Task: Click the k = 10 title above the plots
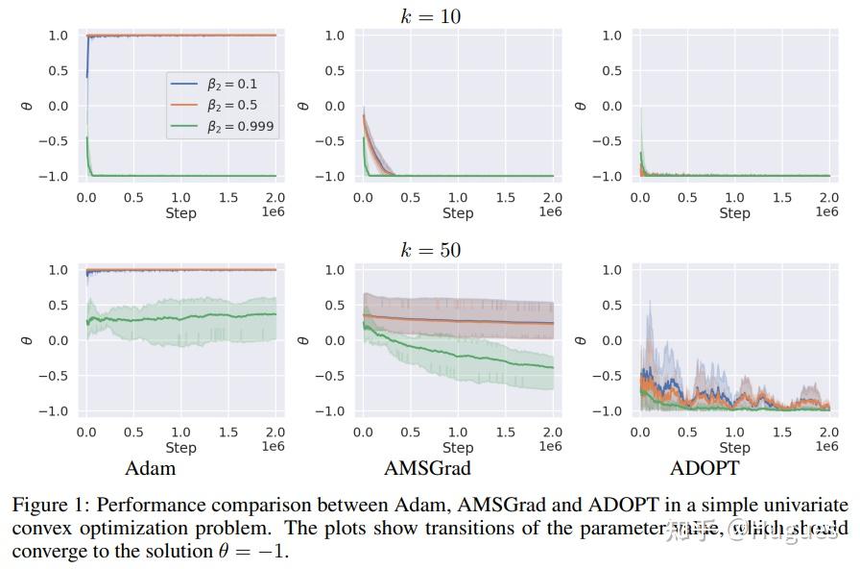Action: [x=430, y=15]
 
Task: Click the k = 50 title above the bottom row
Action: [x=430, y=250]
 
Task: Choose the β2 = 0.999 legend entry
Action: [x=241, y=126]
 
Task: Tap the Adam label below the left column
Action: [x=151, y=468]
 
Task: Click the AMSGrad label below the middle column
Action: [x=427, y=468]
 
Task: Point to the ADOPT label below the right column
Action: [x=705, y=468]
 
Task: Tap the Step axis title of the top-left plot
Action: [x=180, y=212]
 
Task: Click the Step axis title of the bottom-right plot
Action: [x=734, y=447]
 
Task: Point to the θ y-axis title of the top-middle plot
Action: [x=303, y=106]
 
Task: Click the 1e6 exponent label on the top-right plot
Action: [x=826, y=211]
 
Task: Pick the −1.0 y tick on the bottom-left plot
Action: [x=54, y=411]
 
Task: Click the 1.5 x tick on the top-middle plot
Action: [x=505, y=197]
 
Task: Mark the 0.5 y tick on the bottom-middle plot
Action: [x=335, y=306]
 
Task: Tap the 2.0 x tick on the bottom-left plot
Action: [x=275, y=433]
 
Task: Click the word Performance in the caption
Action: [x=145, y=506]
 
